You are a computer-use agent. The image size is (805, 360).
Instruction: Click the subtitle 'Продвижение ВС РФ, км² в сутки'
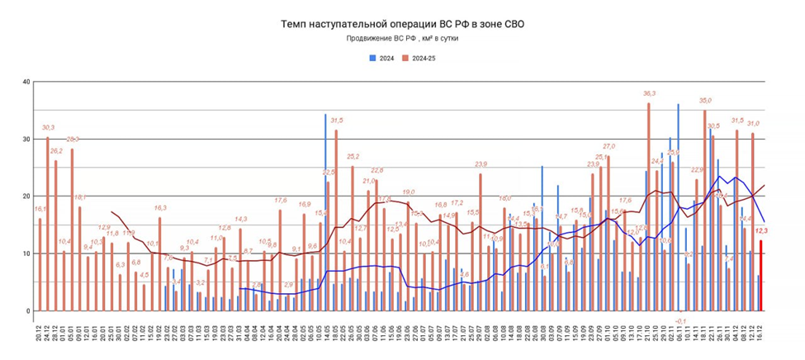coord(402,38)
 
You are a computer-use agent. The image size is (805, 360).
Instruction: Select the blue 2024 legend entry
coord(381,58)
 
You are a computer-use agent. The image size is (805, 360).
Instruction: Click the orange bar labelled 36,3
coord(649,206)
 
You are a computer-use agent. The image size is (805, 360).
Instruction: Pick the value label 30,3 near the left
coord(48,127)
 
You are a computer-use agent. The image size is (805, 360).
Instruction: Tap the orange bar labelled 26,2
coord(56,235)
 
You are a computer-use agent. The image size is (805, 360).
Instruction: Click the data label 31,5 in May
coord(337,121)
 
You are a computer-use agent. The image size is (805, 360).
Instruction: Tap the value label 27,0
coord(608,145)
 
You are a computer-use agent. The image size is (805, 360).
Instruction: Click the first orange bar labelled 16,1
coord(40,264)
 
